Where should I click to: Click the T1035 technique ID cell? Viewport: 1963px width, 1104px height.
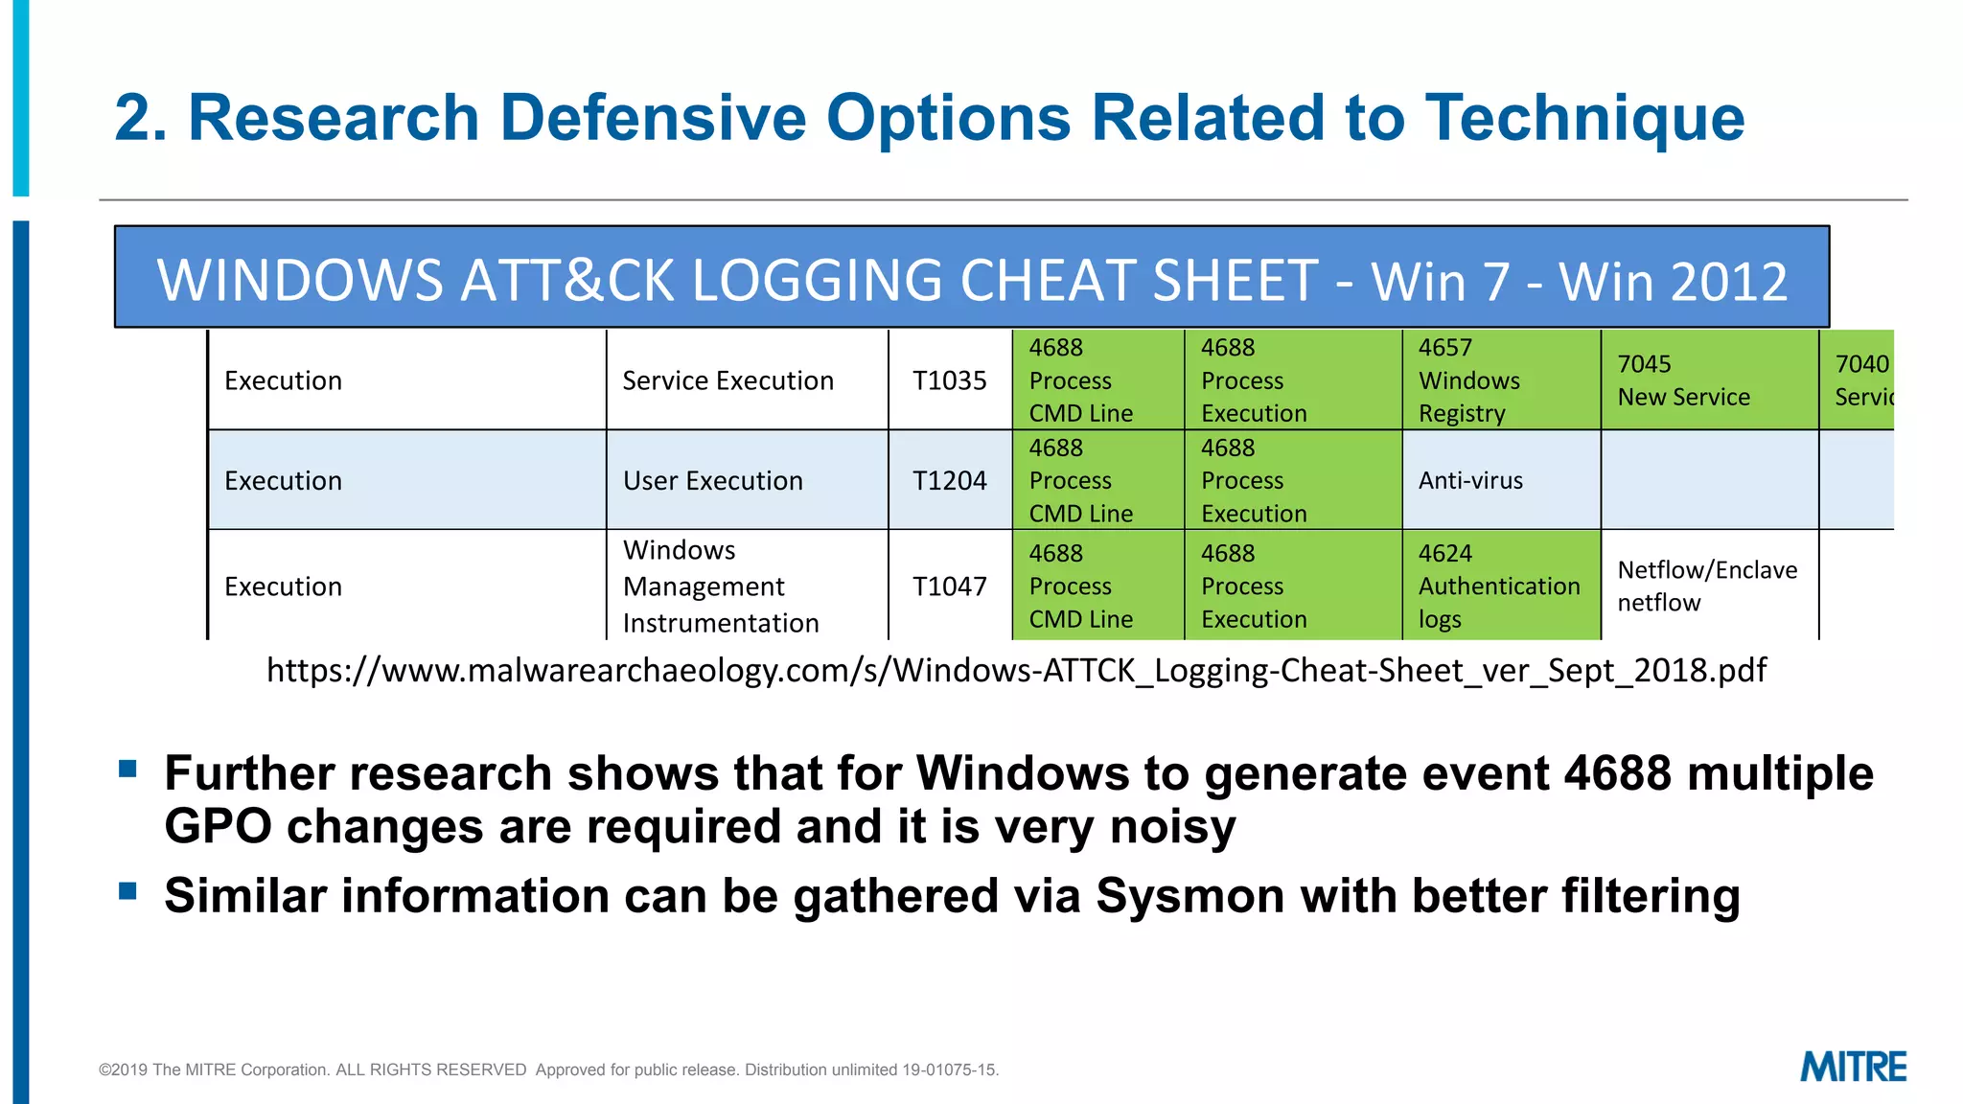(x=949, y=380)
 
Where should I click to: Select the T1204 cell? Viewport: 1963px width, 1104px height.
(x=949, y=480)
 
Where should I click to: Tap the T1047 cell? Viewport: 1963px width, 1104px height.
(x=949, y=586)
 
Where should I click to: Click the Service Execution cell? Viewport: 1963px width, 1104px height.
(x=728, y=380)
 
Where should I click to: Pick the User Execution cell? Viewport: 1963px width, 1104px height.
(x=713, y=480)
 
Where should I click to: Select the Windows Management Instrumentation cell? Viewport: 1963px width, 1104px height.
(x=721, y=586)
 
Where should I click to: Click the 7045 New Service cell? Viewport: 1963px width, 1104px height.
(x=1683, y=380)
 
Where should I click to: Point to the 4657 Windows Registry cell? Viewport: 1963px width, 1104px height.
(x=1469, y=380)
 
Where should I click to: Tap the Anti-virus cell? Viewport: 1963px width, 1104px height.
(x=1470, y=480)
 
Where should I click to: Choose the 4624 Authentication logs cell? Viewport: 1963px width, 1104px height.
(x=1499, y=586)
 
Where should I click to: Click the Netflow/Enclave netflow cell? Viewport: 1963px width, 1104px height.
(x=1707, y=586)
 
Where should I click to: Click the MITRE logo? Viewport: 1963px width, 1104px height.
(x=1853, y=1067)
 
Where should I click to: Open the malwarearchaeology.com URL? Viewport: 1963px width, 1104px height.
(x=1016, y=670)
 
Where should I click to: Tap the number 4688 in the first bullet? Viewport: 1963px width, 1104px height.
(x=1617, y=773)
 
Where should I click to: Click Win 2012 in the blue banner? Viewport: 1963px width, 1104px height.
(x=1673, y=282)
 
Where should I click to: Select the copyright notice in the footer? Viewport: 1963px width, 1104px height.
(x=548, y=1069)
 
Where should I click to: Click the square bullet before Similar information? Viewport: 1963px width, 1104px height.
(x=128, y=891)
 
